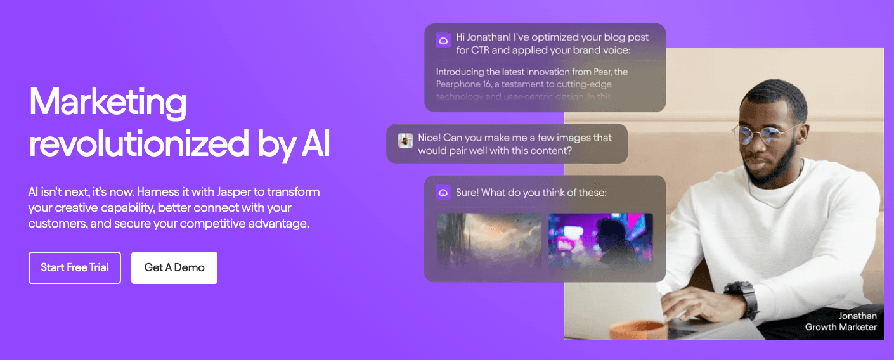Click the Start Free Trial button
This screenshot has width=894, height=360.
(x=75, y=267)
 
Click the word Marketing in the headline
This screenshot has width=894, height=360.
(x=108, y=102)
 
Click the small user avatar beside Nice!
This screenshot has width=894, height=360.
(x=406, y=140)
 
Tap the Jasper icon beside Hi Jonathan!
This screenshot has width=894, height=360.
(x=443, y=40)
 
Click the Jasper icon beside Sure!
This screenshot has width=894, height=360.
(x=443, y=192)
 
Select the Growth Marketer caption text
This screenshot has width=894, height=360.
(x=841, y=327)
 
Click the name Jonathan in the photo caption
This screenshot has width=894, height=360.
(x=858, y=316)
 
